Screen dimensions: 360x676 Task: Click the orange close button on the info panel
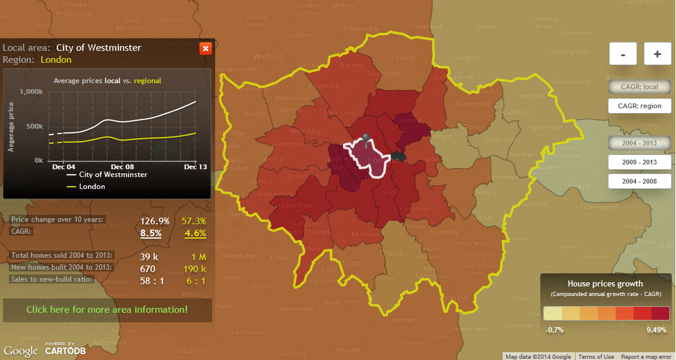[205, 48]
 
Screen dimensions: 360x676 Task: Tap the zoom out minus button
[623, 54]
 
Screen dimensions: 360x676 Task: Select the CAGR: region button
[640, 106]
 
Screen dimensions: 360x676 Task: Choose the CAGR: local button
[640, 87]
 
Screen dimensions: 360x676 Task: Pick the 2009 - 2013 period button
[640, 162]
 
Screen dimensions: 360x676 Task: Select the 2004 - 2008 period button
[640, 181]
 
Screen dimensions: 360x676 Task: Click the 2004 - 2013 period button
[640, 143]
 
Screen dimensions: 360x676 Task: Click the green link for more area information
[107, 310]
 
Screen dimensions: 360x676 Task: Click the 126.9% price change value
[155, 221]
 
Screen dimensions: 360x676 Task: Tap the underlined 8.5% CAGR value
[151, 233]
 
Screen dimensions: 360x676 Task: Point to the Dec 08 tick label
[123, 167]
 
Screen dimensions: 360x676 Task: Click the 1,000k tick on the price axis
[31, 92]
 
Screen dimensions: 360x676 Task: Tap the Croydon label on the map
[396, 254]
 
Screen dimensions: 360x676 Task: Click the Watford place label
[268, 57]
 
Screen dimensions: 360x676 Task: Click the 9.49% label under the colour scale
[656, 330]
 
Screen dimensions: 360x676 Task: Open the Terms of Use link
[597, 356]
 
